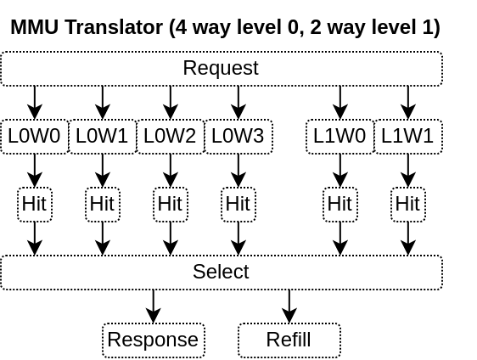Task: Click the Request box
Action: (222, 69)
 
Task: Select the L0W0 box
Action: (35, 137)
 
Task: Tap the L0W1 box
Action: (103, 137)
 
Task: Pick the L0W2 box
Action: (171, 137)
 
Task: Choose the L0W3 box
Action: (238, 137)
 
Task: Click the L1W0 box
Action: (340, 137)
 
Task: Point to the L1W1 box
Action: (408, 137)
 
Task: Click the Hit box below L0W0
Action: (35, 205)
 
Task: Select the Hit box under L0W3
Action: (238, 205)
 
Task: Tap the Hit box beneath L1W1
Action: (408, 205)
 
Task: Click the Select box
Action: (222, 273)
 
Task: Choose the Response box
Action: (154, 340)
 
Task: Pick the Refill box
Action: (289, 340)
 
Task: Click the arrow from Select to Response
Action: (154, 307)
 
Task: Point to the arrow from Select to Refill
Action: (289, 307)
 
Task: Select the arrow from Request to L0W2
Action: (171, 103)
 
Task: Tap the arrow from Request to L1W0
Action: (340, 103)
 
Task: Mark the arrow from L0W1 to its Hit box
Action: (103, 171)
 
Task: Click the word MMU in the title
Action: (35, 27)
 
